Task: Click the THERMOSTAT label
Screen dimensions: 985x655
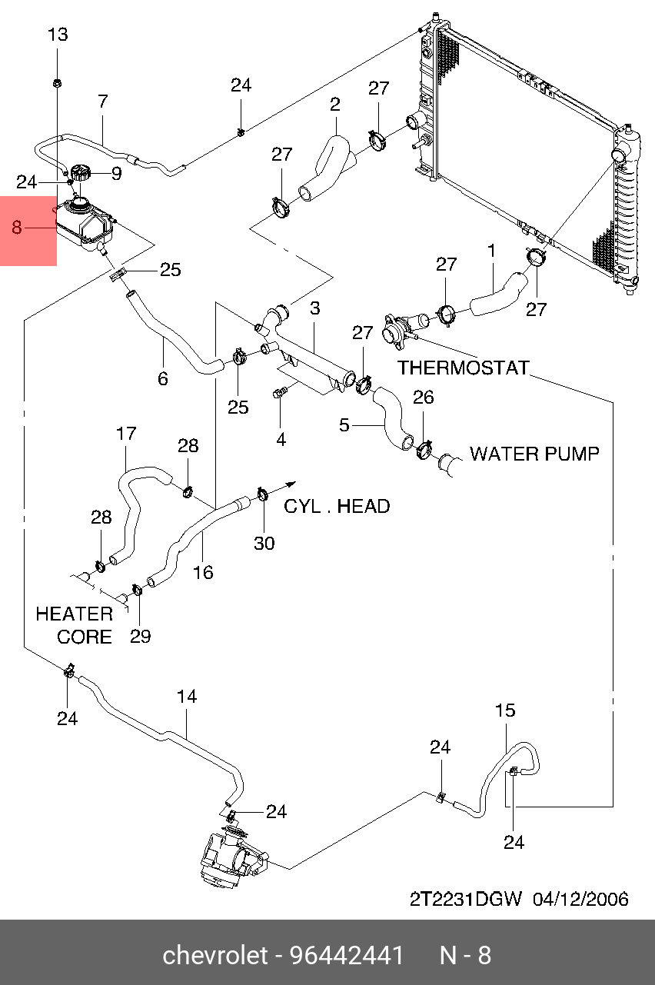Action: pos(464,368)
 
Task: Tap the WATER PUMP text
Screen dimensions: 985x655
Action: pos(534,454)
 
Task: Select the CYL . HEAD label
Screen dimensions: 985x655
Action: pos(337,506)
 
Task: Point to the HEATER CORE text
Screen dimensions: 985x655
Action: pos(75,625)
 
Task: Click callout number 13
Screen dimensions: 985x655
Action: pos(58,35)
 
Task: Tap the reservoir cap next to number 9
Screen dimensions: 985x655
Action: pos(80,175)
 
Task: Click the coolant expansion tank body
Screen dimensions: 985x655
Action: pos(82,223)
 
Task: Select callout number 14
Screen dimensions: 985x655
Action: pos(187,697)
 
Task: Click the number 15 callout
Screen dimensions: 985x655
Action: pos(505,710)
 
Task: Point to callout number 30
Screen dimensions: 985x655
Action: pos(264,543)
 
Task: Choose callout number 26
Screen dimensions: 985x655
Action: pos(424,398)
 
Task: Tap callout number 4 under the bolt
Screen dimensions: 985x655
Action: pos(281,439)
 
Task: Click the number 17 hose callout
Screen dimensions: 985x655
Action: pos(126,434)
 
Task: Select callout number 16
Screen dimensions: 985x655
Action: pos(203,572)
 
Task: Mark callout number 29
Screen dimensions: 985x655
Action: pos(140,636)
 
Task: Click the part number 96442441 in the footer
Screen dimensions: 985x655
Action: pos(347,956)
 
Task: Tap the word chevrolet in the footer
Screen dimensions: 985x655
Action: pos(214,956)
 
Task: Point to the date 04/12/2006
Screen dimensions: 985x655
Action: pos(581,899)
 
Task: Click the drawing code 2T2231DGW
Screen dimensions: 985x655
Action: pos(466,899)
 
